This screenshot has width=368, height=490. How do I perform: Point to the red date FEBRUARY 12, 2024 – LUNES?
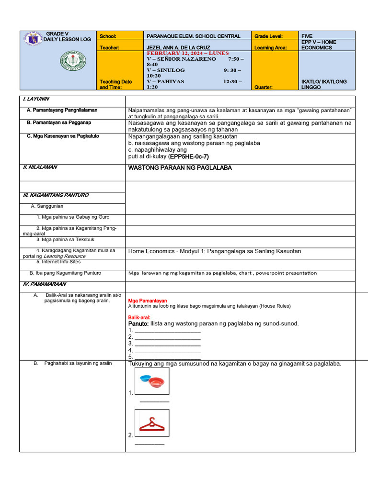click(x=188, y=53)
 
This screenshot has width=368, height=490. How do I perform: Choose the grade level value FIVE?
click(x=307, y=36)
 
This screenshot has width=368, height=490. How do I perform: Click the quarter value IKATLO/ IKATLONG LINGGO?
click(x=324, y=84)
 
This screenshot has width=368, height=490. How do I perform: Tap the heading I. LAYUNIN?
click(x=36, y=99)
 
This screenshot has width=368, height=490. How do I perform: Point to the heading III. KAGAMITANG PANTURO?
click(x=56, y=195)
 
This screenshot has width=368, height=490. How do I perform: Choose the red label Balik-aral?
click(x=139, y=317)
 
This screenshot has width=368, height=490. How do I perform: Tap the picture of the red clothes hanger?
click(x=152, y=423)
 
